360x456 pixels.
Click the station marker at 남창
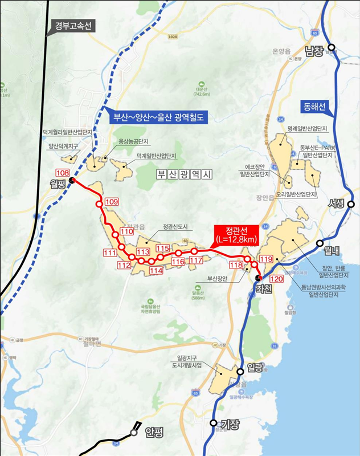(331, 49)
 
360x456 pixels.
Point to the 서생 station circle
(351, 203)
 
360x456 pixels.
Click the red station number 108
(63, 173)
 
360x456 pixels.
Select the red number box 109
(112, 201)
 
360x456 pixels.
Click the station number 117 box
(197, 260)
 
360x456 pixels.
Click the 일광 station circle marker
(240, 371)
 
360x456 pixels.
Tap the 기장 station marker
(214, 424)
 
